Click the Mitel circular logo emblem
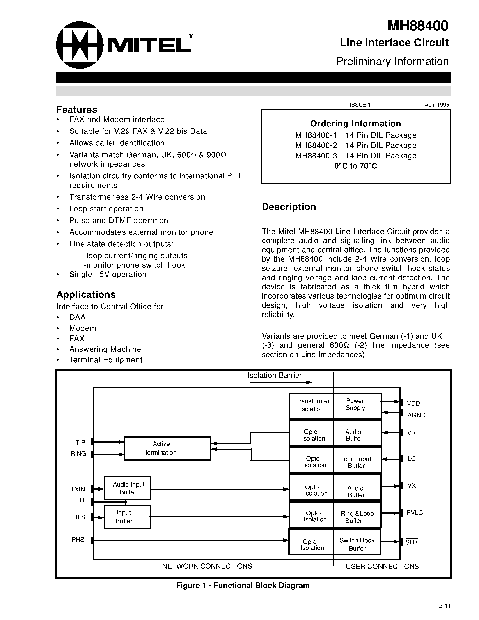(x=79, y=45)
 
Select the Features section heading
(x=77, y=110)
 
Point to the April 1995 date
(x=436, y=105)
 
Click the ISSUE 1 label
(x=360, y=105)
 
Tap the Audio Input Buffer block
(x=127, y=488)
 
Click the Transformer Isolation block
(x=311, y=405)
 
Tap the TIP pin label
(x=80, y=442)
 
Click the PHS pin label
(x=78, y=540)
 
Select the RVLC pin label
(x=414, y=513)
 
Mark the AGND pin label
(x=416, y=415)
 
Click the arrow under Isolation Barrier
(x=281, y=382)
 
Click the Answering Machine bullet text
(x=105, y=349)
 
